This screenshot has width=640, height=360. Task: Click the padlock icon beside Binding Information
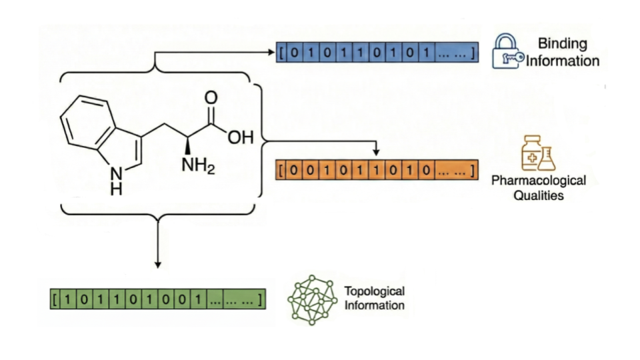tap(508, 52)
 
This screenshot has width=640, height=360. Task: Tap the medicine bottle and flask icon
tap(538, 153)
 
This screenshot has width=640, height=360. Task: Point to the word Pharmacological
tap(539, 181)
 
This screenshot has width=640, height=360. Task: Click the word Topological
tap(374, 291)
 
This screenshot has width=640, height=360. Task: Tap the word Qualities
tap(539, 195)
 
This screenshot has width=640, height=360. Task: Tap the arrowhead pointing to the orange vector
tap(376, 154)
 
